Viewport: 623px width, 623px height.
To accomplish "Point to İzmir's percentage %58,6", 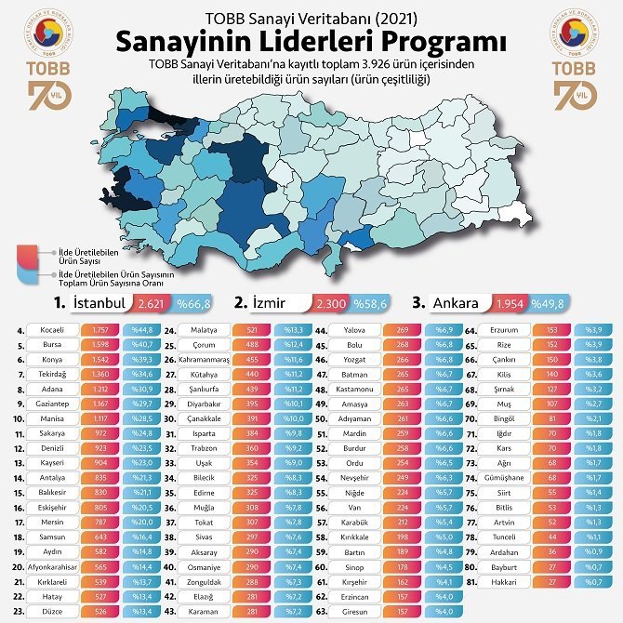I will pyautogui.click(x=371, y=303).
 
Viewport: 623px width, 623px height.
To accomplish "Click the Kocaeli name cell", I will pyautogui.click(x=55, y=330).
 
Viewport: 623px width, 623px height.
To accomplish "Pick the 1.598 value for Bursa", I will pyautogui.click(x=100, y=343).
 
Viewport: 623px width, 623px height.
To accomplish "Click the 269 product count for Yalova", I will pyautogui.click(x=403, y=330).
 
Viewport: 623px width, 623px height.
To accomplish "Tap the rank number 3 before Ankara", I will pyautogui.click(x=418, y=303).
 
